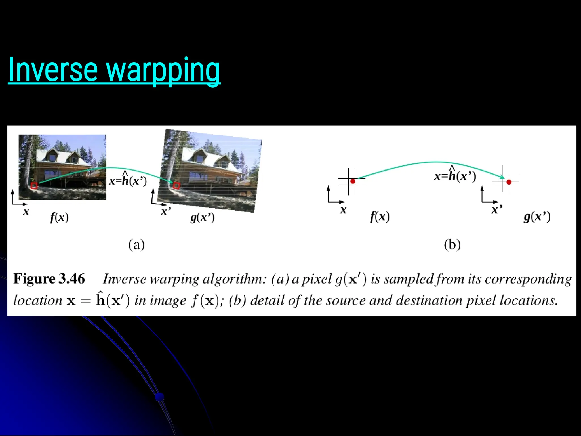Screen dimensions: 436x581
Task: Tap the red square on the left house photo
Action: coord(34,186)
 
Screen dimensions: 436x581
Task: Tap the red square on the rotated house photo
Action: coord(176,186)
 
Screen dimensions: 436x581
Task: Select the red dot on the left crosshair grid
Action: coord(353,181)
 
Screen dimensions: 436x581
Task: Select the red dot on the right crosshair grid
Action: coord(509,182)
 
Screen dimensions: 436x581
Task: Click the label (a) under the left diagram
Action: coord(136,245)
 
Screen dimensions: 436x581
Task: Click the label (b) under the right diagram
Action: coord(452,245)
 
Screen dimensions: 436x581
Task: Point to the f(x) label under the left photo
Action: coord(59,218)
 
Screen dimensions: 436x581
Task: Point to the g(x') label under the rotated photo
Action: coord(202,218)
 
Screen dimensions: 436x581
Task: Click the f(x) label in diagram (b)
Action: coord(380,217)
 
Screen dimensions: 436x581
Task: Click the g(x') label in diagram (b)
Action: coord(537,217)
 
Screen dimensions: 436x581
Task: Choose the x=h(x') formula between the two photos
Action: coord(128,180)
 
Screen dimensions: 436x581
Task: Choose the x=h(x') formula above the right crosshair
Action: coord(455,175)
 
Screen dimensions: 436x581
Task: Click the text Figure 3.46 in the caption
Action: coord(49,278)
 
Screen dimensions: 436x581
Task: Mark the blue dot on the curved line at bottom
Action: coord(160,397)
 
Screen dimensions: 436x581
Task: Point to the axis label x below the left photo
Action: coord(26,212)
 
